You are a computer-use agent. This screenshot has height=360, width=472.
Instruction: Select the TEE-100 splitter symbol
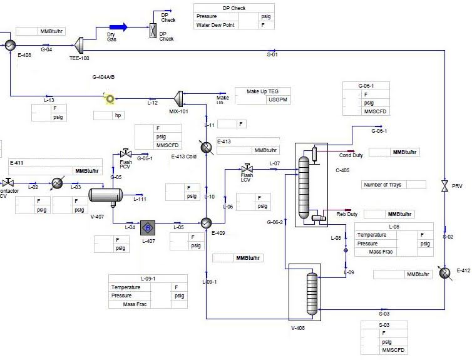click(x=79, y=44)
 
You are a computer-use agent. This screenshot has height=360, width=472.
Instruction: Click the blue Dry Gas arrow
click(x=118, y=26)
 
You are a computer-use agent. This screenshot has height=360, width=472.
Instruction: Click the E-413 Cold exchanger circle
click(x=207, y=146)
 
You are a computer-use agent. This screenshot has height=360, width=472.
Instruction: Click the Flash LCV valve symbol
click(x=247, y=168)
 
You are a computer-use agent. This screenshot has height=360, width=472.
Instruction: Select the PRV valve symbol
click(x=444, y=186)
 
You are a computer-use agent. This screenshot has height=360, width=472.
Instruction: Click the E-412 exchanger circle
click(x=444, y=273)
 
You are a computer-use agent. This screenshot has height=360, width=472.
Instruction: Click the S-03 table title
click(x=384, y=325)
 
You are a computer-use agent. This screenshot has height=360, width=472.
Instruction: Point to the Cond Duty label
click(x=351, y=155)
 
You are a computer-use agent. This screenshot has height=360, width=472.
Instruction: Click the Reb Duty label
click(x=347, y=214)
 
